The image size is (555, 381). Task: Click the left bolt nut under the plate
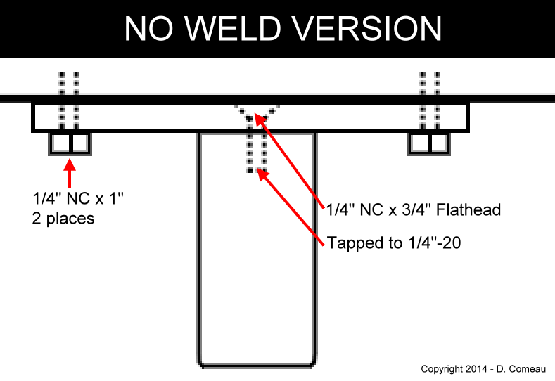coord(70,143)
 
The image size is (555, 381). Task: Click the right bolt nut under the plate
coord(429,143)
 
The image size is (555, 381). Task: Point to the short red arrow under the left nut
coord(69,173)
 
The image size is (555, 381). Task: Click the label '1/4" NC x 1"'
coord(77,200)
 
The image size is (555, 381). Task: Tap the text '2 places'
coord(63,219)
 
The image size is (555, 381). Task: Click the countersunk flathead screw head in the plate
coord(257,112)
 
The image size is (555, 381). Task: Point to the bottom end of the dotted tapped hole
coord(256,169)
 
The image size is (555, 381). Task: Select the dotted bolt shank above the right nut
coord(429,98)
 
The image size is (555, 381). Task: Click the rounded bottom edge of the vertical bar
coord(256,366)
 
